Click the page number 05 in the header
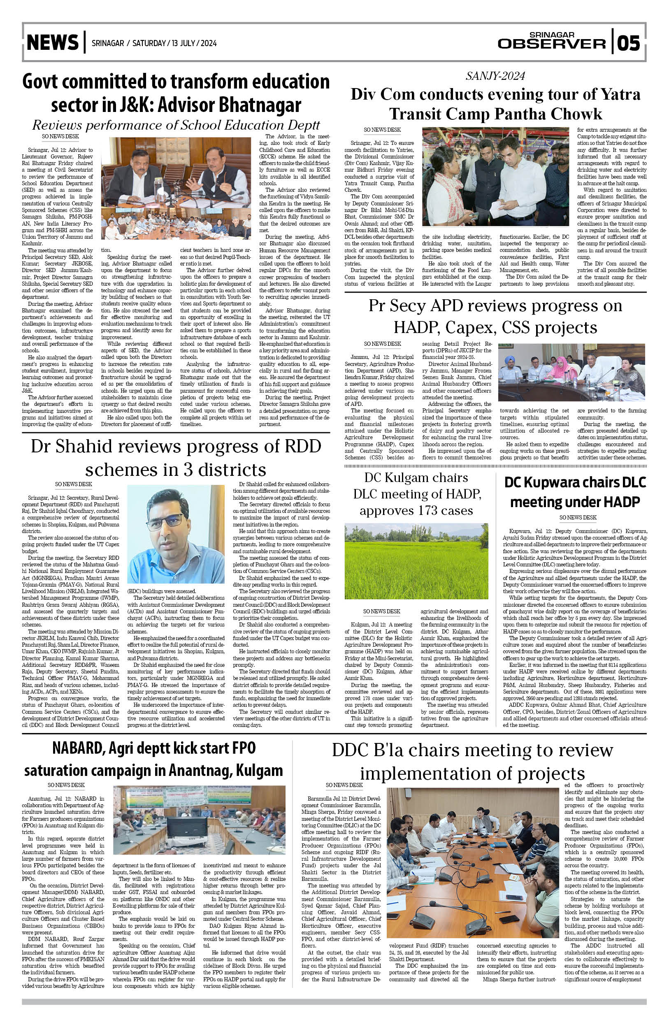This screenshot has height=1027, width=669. coord(630,43)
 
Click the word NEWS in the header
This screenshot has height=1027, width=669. coord(53,43)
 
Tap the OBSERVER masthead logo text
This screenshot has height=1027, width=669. coord(551,44)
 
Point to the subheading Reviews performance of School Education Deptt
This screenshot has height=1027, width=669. coord(176,126)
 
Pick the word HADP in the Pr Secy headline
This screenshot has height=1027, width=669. coord(417,328)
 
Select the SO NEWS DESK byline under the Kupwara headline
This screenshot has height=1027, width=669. coord(578,517)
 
